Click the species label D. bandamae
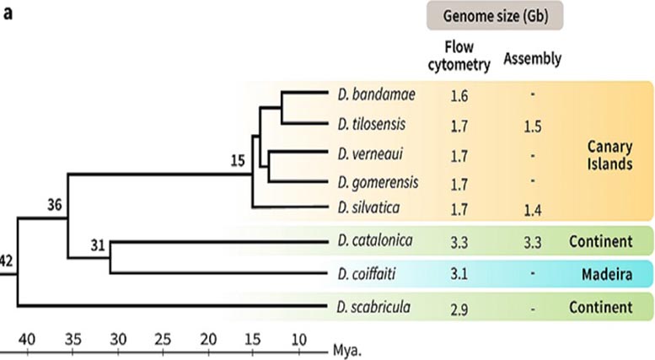(376, 94)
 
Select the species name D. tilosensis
(372, 125)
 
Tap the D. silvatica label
(368, 207)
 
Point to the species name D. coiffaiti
(367, 274)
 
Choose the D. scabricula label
(373, 307)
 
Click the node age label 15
(238, 160)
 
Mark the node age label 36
(54, 205)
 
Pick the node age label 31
(98, 245)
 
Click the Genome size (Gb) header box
(495, 16)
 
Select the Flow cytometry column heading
(459, 56)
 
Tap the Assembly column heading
(532, 58)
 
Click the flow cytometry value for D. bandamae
(459, 96)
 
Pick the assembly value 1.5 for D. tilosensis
(533, 126)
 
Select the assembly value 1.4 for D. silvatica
(533, 210)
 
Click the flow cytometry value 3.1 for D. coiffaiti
(459, 274)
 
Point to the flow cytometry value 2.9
(459, 309)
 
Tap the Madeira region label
(607, 274)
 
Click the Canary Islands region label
(609, 155)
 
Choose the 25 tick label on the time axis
(163, 339)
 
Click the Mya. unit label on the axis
(346, 351)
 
